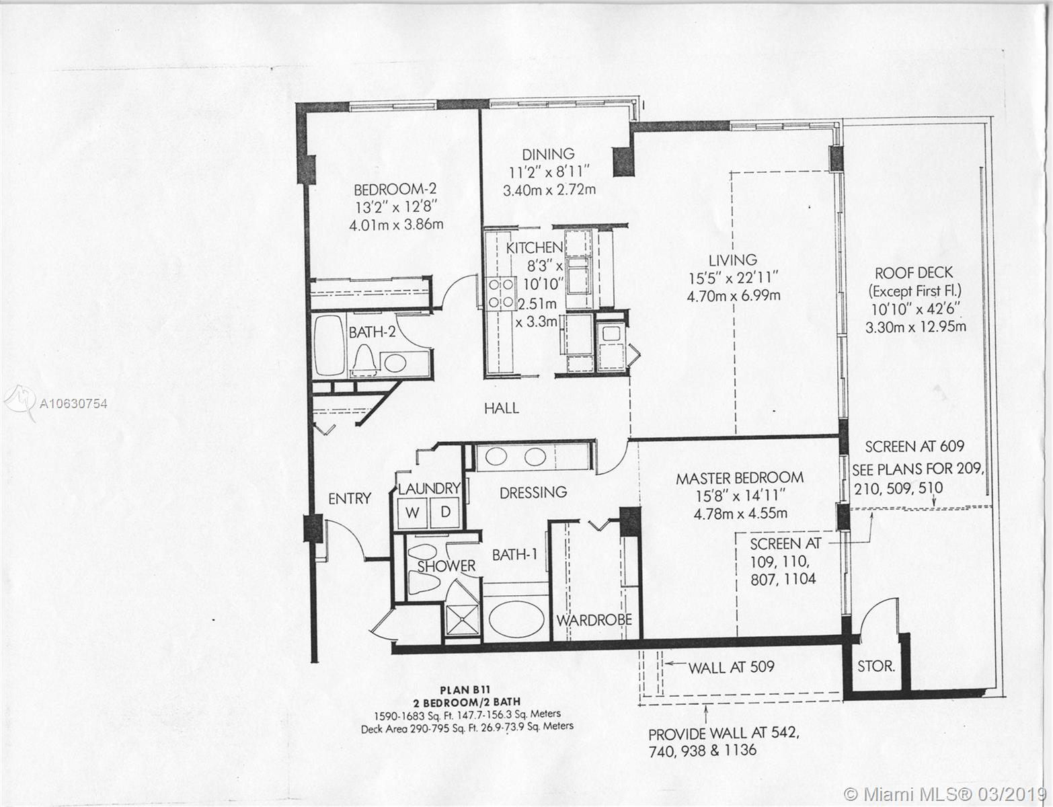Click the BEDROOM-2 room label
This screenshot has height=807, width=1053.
(x=395, y=188)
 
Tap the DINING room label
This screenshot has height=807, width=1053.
(x=548, y=154)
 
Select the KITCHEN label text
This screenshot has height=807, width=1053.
(x=534, y=247)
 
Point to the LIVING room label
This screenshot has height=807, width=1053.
(x=733, y=260)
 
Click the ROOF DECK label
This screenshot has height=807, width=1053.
(x=914, y=273)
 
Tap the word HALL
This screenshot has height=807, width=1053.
(x=502, y=408)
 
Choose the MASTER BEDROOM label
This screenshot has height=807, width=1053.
(x=740, y=478)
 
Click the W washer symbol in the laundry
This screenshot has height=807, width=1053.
(x=412, y=512)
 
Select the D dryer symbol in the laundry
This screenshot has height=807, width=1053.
(x=445, y=512)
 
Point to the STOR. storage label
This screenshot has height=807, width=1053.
(x=875, y=666)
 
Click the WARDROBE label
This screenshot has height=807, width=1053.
(x=594, y=620)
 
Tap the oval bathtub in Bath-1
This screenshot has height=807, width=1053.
(x=516, y=619)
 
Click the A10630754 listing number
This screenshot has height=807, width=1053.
(x=73, y=403)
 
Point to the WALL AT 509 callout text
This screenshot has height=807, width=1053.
(x=732, y=667)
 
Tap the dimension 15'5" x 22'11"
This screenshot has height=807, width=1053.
(x=733, y=278)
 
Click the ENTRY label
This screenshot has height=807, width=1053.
(x=350, y=498)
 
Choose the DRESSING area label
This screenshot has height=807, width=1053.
(x=533, y=492)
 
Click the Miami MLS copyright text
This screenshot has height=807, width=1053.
(x=947, y=794)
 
